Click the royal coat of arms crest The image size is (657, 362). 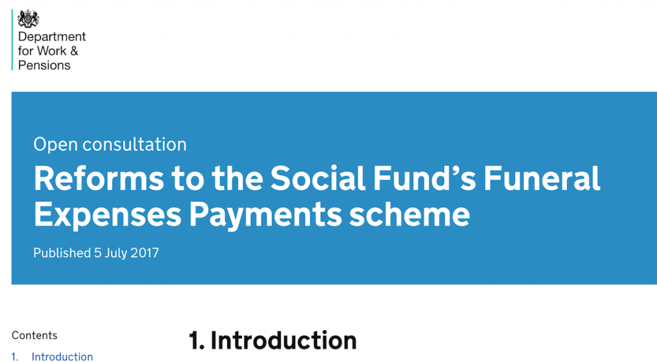tap(28, 18)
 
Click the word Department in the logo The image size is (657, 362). tap(52, 37)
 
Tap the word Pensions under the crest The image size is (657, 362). tap(44, 65)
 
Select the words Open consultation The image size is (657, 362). tap(110, 144)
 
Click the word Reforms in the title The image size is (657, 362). tap(98, 178)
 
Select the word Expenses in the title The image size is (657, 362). tap(107, 214)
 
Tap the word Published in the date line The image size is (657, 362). tap(62, 253)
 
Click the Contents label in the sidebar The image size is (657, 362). tap(34, 335)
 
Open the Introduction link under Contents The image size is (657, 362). tap(62, 357)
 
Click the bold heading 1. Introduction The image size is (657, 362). tap(273, 340)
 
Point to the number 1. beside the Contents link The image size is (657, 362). tap(15, 357)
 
